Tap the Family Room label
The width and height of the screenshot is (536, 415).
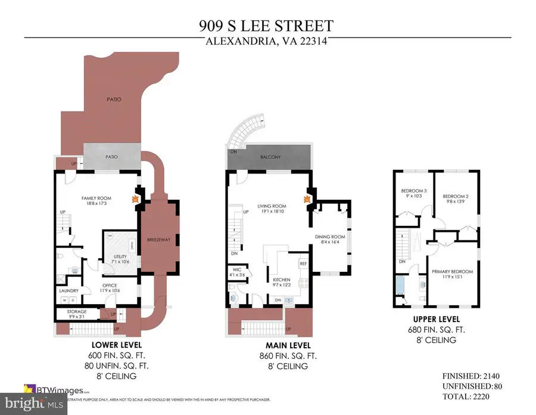coord(97,200)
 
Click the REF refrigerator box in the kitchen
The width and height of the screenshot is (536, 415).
coord(303,263)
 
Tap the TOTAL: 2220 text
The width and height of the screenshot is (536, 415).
coord(477,395)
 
